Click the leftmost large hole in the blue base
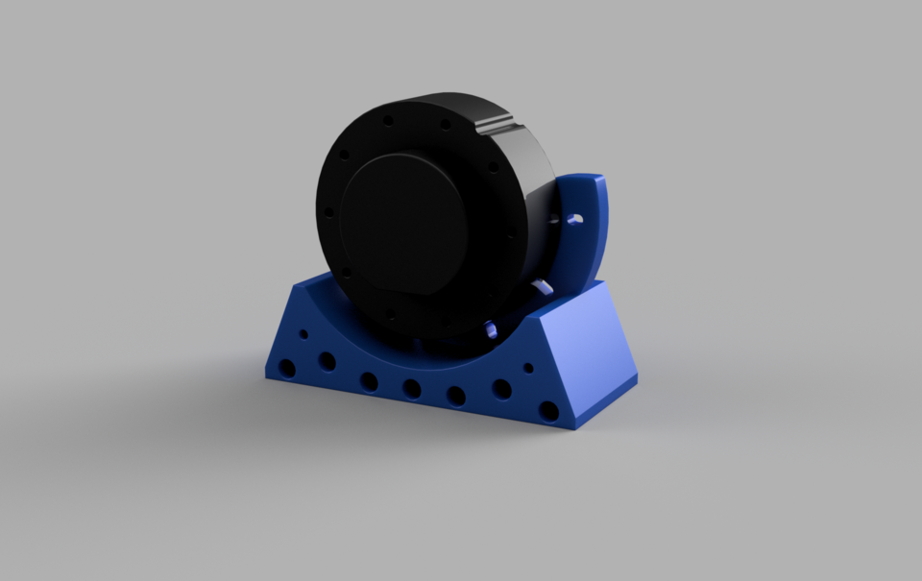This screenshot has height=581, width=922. [x=287, y=368]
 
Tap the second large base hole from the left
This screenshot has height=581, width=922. [x=328, y=361]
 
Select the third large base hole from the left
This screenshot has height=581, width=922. [x=369, y=381]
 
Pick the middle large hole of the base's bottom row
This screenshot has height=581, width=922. [x=412, y=389]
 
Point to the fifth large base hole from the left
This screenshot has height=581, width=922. [x=456, y=396]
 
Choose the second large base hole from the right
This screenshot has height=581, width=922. [x=501, y=388]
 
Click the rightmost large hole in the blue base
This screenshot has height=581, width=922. [x=548, y=411]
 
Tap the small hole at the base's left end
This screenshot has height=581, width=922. [x=304, y=335]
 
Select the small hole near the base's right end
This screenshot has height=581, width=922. [x=528, y=367]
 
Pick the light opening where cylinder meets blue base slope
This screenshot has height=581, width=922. [x=541, y=285]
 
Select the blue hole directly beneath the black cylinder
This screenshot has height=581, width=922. [x=490, y=328]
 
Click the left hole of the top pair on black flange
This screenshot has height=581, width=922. [x=388, y=121]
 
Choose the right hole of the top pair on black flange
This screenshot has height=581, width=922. [x=445, y=124]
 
